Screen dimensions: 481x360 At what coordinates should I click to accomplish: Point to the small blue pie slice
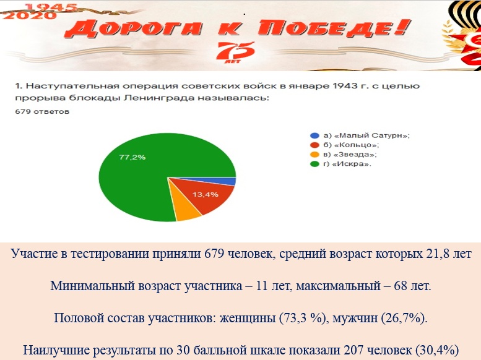(227, 181)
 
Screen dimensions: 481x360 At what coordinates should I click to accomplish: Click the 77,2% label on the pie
(132, 157)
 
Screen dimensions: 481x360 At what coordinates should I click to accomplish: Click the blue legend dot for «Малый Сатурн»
(314, 135)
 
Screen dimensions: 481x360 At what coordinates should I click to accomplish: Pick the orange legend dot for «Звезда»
(314, 155)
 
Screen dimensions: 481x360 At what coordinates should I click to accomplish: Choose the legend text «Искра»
(352, 164)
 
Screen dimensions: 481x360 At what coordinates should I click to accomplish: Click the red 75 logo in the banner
(235, 51)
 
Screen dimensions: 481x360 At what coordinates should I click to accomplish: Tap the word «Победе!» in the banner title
(334, 28)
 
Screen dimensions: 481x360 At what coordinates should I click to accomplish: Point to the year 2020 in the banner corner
(30, 15)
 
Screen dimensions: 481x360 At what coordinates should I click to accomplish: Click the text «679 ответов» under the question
(42, 111)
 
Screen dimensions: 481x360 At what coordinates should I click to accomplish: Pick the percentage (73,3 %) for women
(302, 318)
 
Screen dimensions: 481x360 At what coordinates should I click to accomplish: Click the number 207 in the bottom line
(353, 350)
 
